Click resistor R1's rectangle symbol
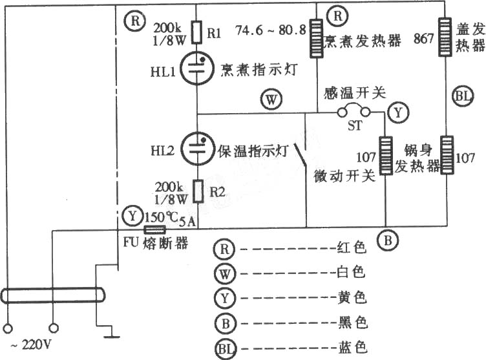tap(197, 32)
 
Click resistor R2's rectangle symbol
tap(198, 191)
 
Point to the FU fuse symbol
tap(155, 230)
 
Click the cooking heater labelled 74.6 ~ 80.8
tap(317, 38)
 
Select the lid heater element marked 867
tap(445, 37)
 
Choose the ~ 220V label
tap(30, 344)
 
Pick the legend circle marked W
tap(225, 273)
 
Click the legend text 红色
tap(352, 248)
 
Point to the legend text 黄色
tap(352, 298)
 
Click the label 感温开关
tap(355, 92)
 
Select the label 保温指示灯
tap(253, 151)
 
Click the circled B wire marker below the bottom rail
tap(388, 240)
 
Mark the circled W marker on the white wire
tap(271, 100)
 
